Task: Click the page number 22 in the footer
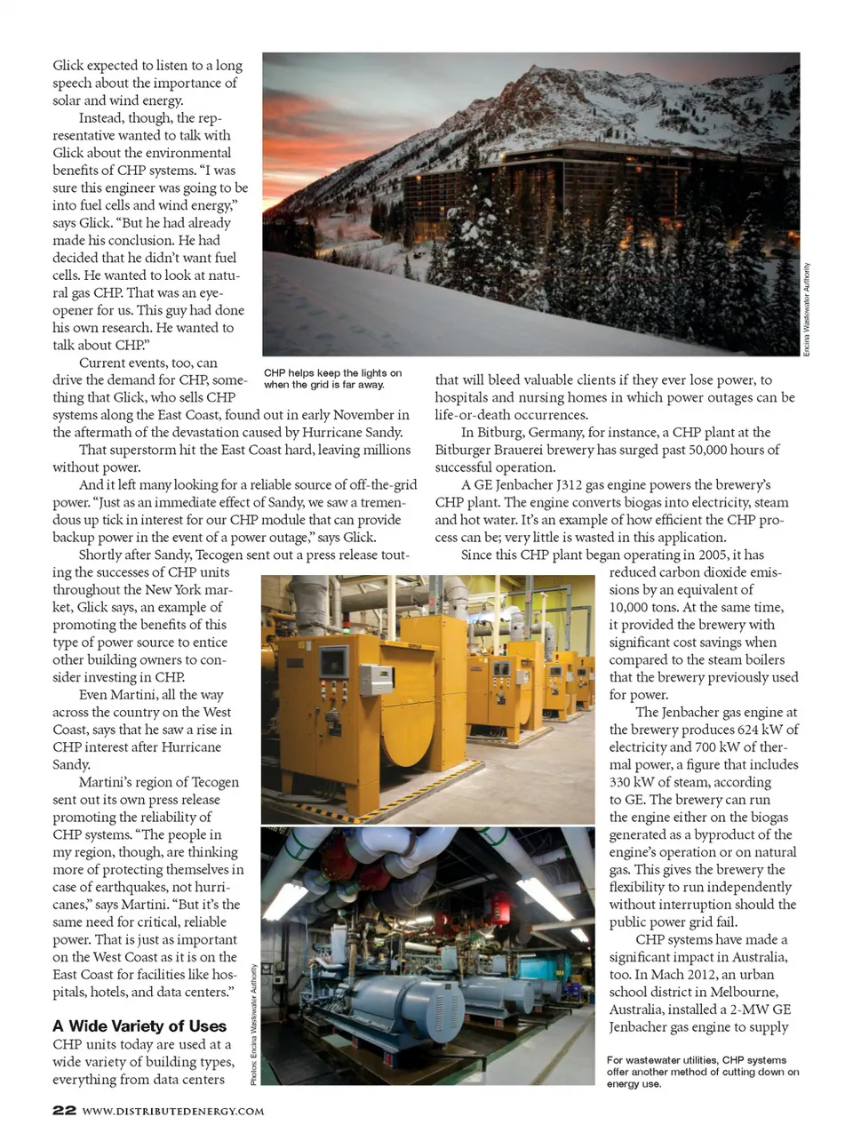(63, 1110)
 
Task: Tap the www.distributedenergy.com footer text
(173, 1111)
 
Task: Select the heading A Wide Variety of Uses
(140, 1025)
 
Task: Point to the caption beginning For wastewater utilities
(702, 1072)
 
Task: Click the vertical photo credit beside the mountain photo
(807, 310)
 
